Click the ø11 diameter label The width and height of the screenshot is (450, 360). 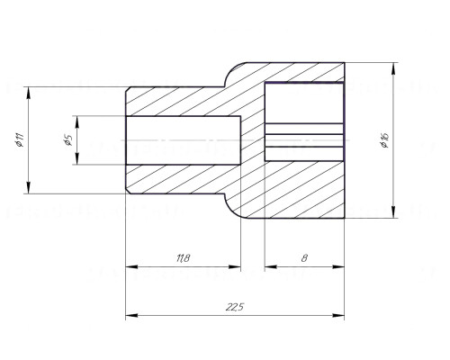(21, 140)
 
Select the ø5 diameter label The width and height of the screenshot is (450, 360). (68, 140)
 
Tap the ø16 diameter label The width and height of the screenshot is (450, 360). (384, 140)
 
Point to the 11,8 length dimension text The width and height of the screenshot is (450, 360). (184, 258)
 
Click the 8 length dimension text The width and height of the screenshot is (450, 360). (304, 258)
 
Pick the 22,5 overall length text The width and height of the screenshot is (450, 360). (235, 307)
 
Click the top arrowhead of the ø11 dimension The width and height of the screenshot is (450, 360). (29, 93)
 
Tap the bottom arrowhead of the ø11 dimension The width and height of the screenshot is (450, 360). (29, 188)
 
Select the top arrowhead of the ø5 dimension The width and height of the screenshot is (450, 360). (76, 121)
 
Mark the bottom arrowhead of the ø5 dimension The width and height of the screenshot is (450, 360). (76, 158)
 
